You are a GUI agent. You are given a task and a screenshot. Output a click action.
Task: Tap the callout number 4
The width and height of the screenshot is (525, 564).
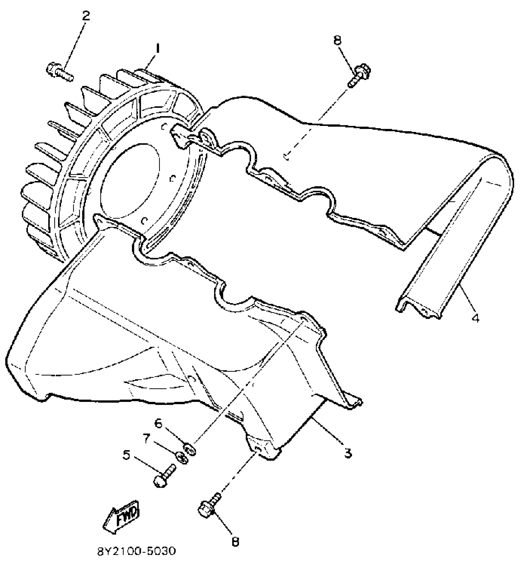(476, 318)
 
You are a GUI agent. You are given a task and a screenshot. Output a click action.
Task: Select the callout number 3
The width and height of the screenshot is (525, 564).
(348, 453)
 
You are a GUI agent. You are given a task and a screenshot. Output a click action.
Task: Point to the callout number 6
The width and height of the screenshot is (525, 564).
(158, 424)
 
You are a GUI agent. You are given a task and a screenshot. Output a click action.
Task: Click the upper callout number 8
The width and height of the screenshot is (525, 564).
(338, 40)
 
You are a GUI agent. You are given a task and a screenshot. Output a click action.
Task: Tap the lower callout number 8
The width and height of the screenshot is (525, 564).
(235, 541)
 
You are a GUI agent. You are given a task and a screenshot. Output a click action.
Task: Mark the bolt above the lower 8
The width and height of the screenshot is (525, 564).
(209, 509)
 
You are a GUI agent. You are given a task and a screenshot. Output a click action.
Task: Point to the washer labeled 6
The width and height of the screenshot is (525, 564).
(190, 449)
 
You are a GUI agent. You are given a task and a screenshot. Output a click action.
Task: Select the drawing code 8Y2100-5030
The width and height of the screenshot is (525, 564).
(137, 551)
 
